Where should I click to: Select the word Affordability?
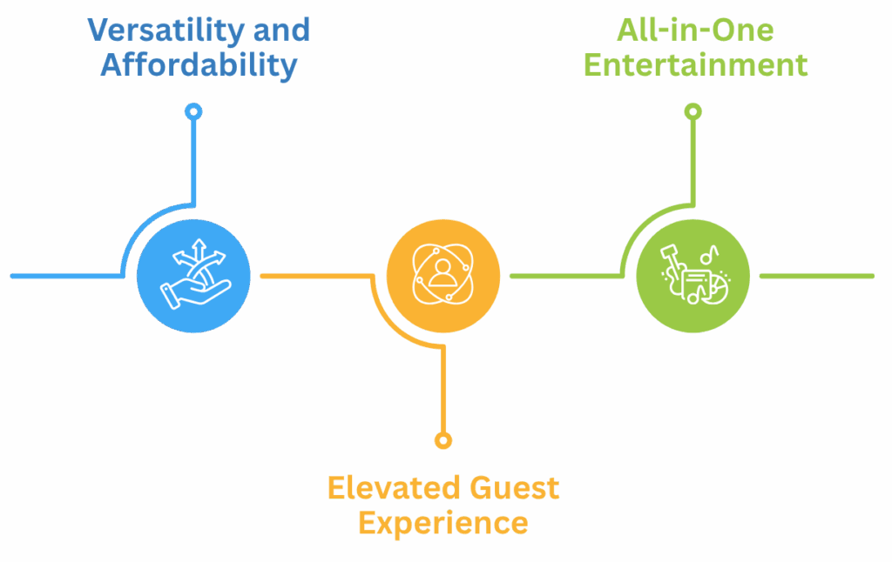click(x=199, y=65)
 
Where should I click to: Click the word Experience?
click(x=443, y=523)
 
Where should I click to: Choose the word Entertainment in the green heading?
click(x=695, y=65)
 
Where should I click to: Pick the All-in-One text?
click(x=695, y=30)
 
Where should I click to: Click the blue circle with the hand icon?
click(x=193, y=276)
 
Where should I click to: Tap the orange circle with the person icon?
click(x=443, y=276)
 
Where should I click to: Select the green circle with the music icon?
click(x=693, y=276)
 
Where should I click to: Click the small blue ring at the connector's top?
click(x=193, y=111)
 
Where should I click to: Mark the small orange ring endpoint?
click(x=443, y=440)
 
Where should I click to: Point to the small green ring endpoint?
click(x=693, y=111)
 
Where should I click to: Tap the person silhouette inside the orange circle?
click(x=443, y=272)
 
